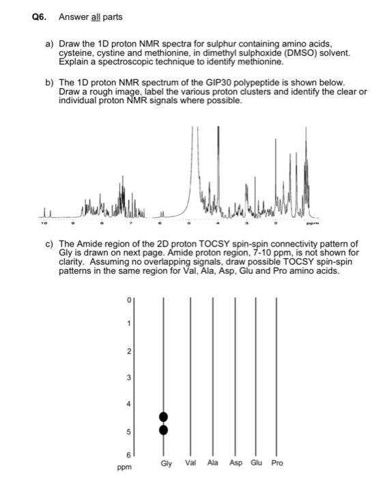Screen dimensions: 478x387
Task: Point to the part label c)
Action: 49,244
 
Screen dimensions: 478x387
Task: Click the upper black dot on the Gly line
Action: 163,417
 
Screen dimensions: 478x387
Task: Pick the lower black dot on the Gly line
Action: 163,430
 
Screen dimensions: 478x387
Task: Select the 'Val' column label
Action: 191,463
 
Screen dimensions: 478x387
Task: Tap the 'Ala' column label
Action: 212,463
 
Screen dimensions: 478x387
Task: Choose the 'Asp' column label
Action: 235,463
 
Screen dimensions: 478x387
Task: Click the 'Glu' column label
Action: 256,463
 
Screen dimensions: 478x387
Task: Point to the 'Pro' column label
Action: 277,463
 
